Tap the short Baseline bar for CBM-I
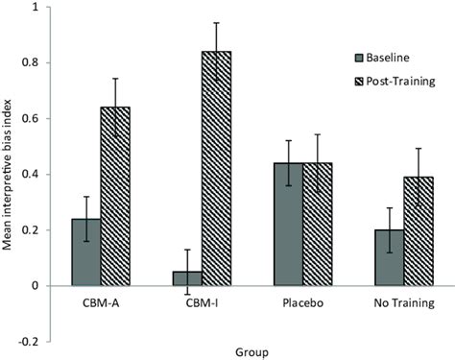[187, 278]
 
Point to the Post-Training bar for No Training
[418, 231]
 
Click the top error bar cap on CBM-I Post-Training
[216, 23]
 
